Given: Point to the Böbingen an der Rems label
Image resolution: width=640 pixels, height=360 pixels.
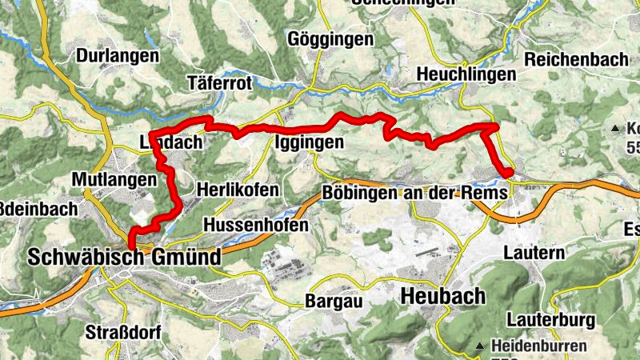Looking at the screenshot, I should point(414,193).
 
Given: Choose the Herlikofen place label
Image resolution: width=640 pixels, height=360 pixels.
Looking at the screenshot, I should point(238,190).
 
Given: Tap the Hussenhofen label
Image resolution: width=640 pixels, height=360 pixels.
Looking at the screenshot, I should point(256,226).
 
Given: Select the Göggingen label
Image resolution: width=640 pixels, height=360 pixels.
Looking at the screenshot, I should point(330,38).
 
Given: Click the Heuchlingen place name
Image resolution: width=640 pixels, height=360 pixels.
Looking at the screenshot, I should point(466,74).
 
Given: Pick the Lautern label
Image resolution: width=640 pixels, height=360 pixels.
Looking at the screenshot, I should point(535,253).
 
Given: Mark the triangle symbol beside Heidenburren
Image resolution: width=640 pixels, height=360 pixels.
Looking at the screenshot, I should point(480,346).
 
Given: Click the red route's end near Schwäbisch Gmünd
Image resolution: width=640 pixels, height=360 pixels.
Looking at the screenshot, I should point(130,250).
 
